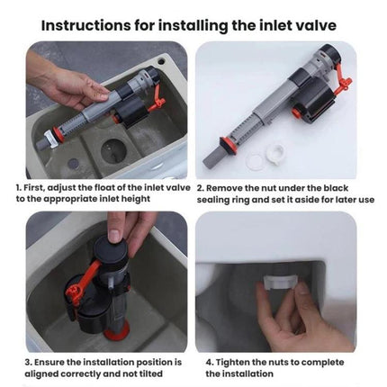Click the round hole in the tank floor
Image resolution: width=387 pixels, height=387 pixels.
pyautogui.click(x=126, y=150)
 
